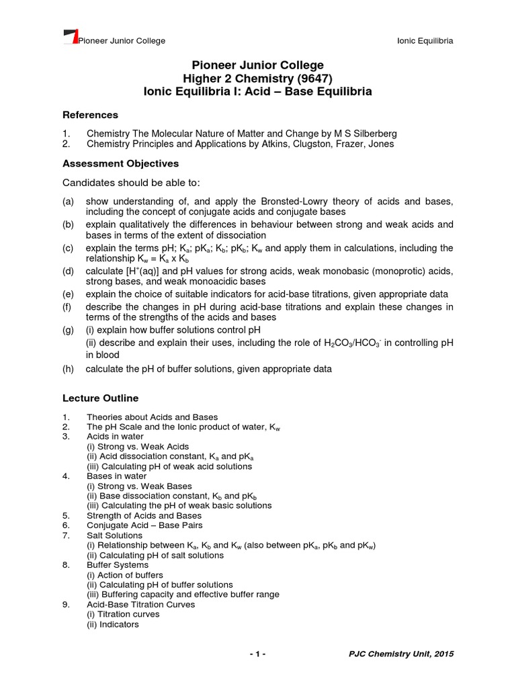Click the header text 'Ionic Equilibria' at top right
point(426,41)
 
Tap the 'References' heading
point(90,115)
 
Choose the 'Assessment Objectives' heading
point(120,163)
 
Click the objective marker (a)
point(69,202)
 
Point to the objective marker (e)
point(69,294)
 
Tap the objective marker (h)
point(69,369)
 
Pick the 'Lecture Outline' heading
point(100,398)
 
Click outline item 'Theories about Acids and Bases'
point(152,417)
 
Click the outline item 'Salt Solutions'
point(114,535)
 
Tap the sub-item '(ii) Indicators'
point(113,624)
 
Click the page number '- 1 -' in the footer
point(258,654)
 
